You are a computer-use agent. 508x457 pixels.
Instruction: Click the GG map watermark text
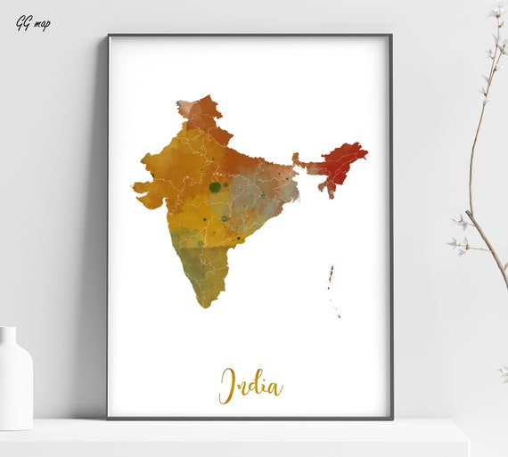click(33, 22)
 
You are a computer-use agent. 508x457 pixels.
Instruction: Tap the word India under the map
click(251, 385)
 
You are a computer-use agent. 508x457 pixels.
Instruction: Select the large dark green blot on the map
click(215, 187)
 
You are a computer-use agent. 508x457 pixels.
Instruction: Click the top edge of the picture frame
click(250, 36)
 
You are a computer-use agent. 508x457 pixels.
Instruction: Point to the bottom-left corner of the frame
click(110, 416)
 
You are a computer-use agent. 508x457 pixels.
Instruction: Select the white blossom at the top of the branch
click(496, 11)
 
